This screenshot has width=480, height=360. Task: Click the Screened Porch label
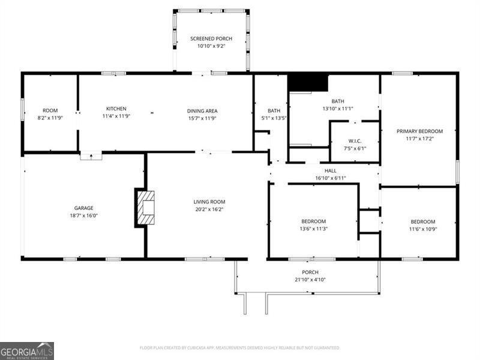211,38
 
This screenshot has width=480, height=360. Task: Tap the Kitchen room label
116,109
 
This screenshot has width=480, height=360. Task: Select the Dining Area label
202,110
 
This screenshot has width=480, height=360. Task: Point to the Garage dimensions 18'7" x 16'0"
83,215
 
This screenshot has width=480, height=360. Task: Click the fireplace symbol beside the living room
145,208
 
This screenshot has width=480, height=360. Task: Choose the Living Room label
209,202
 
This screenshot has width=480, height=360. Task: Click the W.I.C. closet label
354,142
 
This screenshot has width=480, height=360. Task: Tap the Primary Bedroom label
419,131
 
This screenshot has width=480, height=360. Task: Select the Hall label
331,171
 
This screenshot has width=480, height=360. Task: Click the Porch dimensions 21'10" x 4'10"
310,280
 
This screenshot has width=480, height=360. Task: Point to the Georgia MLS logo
27,350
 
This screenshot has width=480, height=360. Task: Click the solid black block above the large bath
308,82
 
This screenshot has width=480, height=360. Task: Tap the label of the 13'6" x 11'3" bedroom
313,221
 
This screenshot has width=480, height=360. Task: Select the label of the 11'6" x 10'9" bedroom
423,221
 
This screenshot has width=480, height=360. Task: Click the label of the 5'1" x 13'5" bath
274,110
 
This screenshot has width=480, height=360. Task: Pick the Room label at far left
50,110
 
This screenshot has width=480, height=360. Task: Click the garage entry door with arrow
91,156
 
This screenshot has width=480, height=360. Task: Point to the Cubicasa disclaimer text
240,348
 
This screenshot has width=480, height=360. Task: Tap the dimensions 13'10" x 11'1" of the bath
338,109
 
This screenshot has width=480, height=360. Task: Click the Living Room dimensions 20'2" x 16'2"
209,209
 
